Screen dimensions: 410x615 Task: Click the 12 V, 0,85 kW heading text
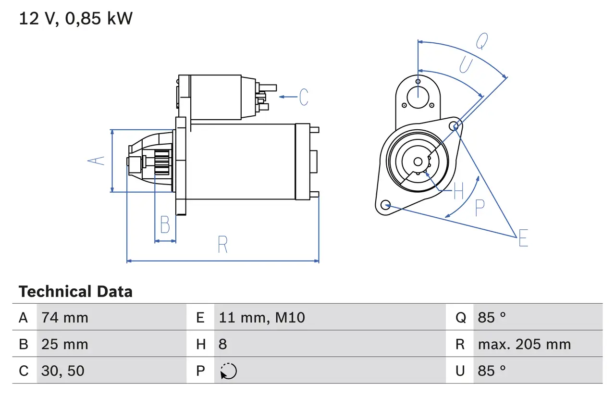click(75, 19)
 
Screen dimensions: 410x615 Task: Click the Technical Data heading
click(75, 292)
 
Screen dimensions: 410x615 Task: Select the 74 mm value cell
click(65, 317)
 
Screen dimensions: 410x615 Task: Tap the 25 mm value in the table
click(65, 344)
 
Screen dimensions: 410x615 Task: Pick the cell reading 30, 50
click(63, 371)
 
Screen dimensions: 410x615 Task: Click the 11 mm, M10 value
click(262, 317)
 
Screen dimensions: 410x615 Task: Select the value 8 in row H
click(223, 344)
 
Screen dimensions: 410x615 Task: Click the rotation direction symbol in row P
click(228, 371)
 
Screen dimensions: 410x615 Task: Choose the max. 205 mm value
click(524, 344)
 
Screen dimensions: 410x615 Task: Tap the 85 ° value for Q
click(492, 317)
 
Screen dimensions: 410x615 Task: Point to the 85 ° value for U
click(492, 371)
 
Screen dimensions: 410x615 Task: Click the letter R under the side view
click(222, 245)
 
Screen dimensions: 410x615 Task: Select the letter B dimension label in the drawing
click(165, 224)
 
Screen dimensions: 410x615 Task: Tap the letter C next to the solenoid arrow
click(304, 97)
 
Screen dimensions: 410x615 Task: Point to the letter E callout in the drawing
click(523, 238)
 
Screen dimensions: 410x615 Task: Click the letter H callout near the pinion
click(458, 191)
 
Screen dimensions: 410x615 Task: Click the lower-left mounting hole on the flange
click(385, 205)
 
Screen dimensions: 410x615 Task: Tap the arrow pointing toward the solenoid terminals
click(288, 97)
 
